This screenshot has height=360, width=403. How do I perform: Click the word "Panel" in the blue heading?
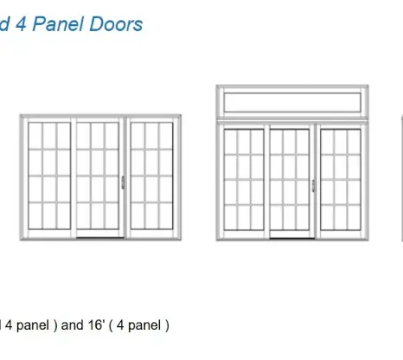coord(58,24)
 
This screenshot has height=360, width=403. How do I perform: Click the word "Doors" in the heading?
coord(116,24)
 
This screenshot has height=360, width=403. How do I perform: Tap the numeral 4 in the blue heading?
coord(21,24)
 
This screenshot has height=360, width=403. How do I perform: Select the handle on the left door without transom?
coord(123,183)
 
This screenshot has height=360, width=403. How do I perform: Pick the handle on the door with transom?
coord(313,186)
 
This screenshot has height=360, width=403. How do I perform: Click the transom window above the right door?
coord(292,102)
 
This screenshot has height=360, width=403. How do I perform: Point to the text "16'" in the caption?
coord(96,325)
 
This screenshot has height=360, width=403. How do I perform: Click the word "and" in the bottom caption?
coord(72,325)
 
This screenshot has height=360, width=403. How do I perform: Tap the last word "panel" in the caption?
coord(144,325)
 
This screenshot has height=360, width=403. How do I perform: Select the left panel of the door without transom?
coord(49,176)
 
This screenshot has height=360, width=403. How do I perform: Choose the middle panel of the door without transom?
coord(98,176)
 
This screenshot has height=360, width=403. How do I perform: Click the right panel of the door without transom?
coord(151,176)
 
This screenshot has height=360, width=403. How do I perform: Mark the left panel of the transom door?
coord(244,180)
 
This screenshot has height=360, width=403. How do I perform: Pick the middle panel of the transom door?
coord(290,180)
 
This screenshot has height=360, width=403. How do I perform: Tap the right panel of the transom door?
coord(341,180)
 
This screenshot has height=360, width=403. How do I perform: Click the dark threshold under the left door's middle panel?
coord(100,238)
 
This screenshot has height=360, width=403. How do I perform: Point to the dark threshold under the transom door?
coord(292,239)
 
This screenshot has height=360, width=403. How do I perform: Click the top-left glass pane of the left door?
coord(35,136)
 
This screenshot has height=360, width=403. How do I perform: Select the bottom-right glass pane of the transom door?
coord(355,218)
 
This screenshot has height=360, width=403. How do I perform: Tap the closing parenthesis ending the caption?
coord(167,325)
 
